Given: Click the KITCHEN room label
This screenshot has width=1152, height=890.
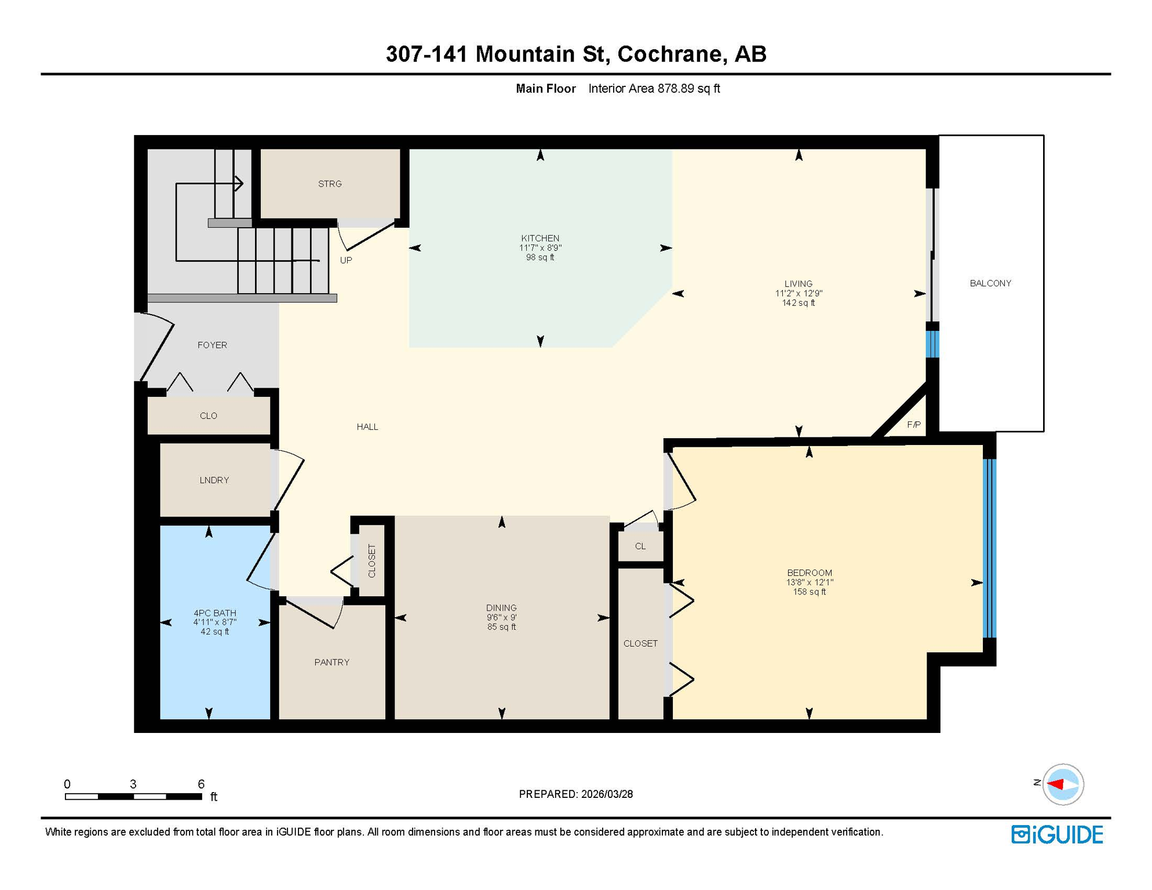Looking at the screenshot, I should coord(539,238).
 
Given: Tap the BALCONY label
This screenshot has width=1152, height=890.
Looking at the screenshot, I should coord(990,283).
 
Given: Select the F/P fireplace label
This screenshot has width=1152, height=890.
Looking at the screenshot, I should coord(913,425).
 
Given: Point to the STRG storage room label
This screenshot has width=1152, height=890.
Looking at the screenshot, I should coord(330,184).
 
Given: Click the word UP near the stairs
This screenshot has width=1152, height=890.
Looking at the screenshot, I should coord(346,260).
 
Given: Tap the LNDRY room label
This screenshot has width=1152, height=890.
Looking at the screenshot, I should coord(214,480).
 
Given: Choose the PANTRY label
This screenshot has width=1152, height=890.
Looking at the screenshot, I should coord(331,662).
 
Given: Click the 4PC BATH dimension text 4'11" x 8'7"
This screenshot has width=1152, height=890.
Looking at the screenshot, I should coord(214,622).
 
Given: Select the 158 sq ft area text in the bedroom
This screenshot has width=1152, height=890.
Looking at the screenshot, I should coord(809,592).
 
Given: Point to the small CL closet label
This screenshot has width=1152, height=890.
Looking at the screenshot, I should coord(640,546).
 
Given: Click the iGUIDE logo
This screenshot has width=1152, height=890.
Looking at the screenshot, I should coord(1056,834).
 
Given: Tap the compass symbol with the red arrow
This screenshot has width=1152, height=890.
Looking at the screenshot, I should coord(1062,784).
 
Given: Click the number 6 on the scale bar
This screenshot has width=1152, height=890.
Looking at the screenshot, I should coord(201,784).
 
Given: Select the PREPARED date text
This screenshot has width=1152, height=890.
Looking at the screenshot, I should coord(575,794).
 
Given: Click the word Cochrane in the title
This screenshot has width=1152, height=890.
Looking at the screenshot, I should coord(669,54).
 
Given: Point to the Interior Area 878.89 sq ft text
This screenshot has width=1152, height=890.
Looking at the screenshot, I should coord(654,89).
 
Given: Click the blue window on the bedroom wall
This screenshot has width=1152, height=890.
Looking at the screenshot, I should coord(989,548).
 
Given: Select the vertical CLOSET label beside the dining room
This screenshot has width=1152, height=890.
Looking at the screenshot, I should coord(371,561).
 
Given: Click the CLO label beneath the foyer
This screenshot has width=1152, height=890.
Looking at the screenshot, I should coord(208,415).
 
